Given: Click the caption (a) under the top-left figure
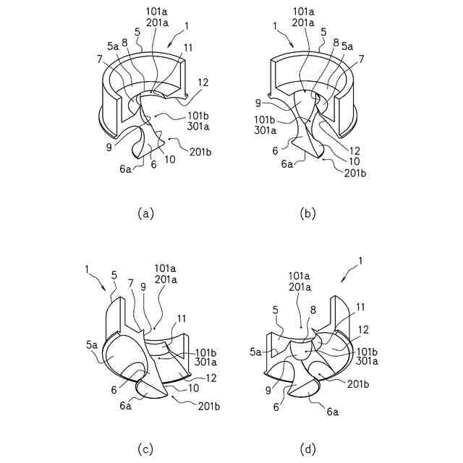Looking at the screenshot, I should tap(145, 213).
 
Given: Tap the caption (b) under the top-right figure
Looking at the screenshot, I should tap(307, 213).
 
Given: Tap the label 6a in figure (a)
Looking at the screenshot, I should tap(125, 169).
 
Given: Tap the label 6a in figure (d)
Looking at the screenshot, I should tap(333, 411).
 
